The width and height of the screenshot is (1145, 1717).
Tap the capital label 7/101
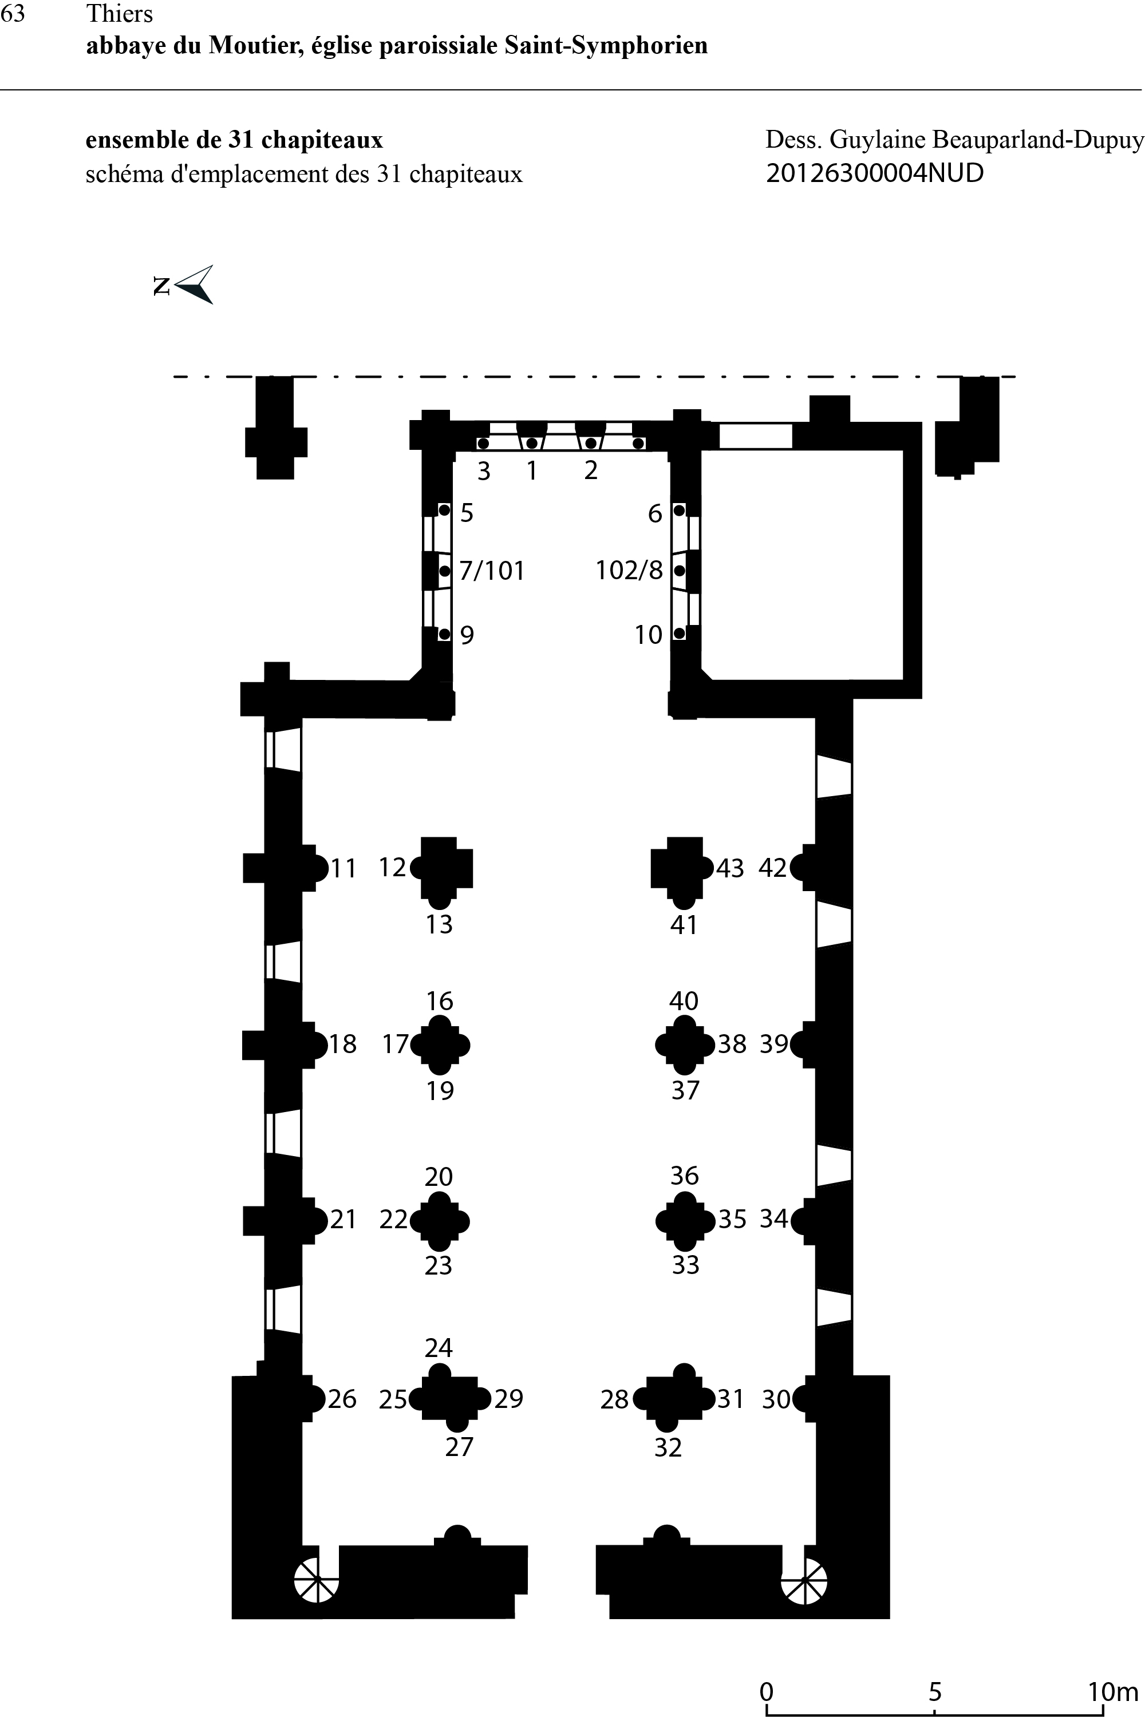pos(491,570)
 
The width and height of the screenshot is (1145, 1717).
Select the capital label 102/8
pos(629,570)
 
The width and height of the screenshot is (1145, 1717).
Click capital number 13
pos(440,924)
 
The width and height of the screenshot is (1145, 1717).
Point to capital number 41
pos(684,925)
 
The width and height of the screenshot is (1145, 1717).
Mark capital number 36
pos(684,1176)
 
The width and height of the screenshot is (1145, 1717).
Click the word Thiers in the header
pos(120,14)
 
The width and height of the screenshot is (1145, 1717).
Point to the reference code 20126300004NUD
pos(875,173)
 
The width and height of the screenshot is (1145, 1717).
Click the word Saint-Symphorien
pos(606,45)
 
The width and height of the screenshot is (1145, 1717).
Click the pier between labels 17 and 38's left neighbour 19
pos(440,1045)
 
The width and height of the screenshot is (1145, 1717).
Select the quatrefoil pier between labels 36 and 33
pos(685,1220)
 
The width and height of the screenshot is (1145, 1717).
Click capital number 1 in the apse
pos(532,471)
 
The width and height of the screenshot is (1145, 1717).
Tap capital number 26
pos(342,1399)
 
